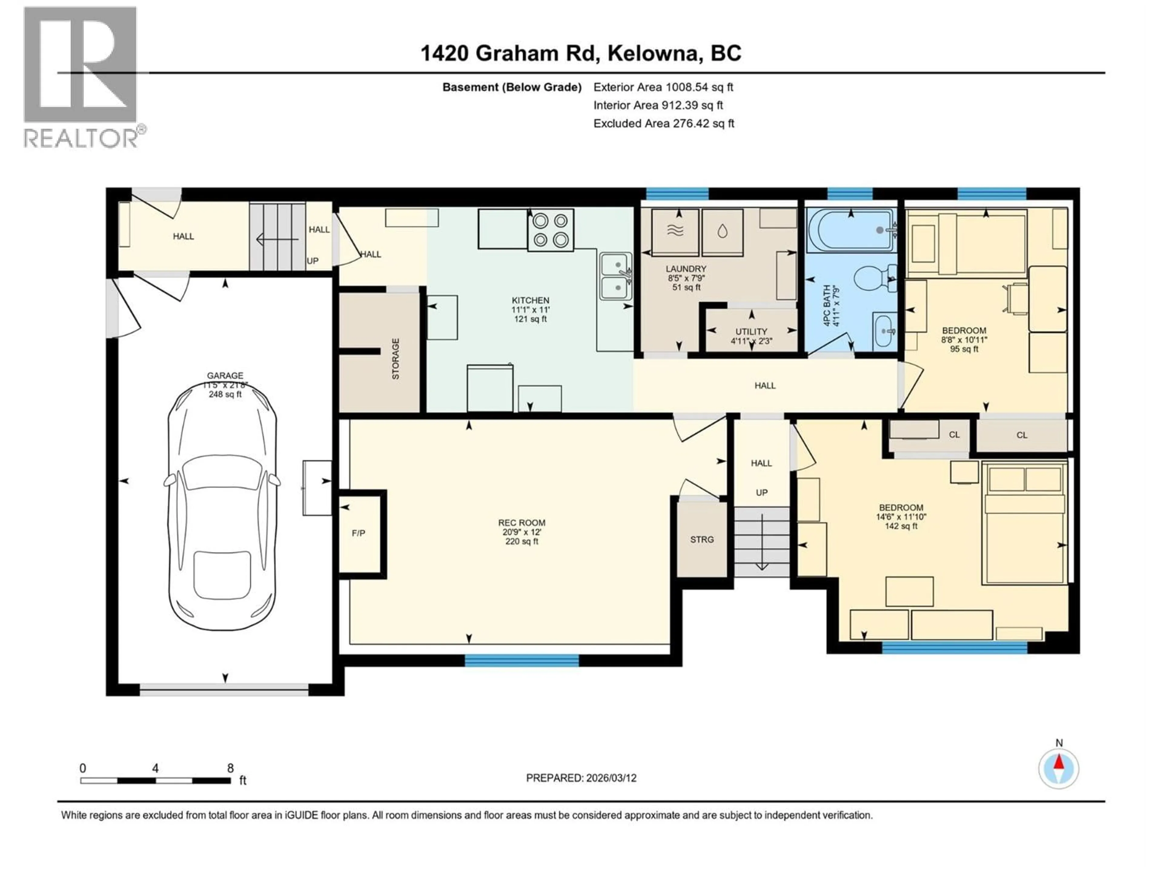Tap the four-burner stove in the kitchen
click(x=551, y=230)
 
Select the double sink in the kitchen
click(x=616, y=276)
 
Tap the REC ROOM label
click(x=522, y=523)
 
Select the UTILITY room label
click(x=751, y=332)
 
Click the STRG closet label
click(x=702, y=539)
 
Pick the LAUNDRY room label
click(x=686, y=269)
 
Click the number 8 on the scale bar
click(x=230, y=768)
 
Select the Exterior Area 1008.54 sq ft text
click(x=663, y=87)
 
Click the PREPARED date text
click(x=581, y=778)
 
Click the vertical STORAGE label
click(x=395, y=359)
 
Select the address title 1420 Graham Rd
click(x=581, y=53)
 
